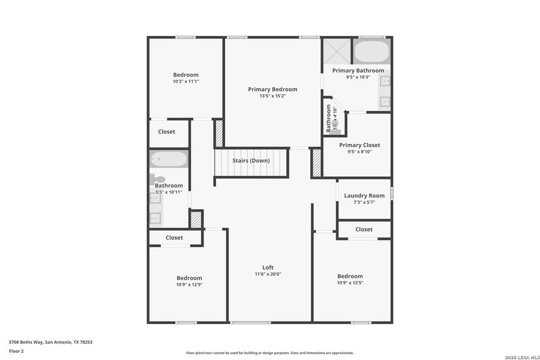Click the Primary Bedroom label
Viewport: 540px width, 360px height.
coord(272,89)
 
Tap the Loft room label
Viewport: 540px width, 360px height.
coord(268,268)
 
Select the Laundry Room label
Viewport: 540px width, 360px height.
coord(364,196)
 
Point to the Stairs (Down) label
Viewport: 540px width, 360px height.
coord(251,161)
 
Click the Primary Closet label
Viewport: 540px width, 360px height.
coord(359,145)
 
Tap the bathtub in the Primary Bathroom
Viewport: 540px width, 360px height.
coord(371,52)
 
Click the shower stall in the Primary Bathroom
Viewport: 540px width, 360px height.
coord(337,51)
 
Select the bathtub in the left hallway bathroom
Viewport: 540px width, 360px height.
coord(169,159)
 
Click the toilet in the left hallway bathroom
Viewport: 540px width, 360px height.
coord(158,178)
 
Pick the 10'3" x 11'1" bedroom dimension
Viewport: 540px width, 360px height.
coord(185,81)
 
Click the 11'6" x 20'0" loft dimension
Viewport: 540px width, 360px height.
coord(268,274)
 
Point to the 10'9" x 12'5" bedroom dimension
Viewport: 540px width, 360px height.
coord(350,283)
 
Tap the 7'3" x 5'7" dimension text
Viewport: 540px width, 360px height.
coord(364,202)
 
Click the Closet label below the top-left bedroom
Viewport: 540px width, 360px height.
coord(167,131)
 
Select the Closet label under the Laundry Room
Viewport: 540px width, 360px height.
coord(364,229)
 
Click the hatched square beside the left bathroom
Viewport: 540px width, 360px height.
coord(196,219)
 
